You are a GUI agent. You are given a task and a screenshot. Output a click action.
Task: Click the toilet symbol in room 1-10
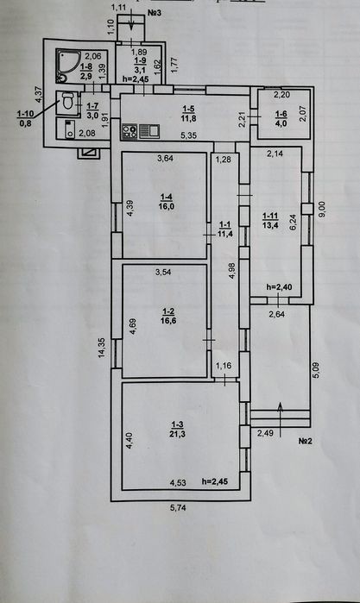[x=67, y=101]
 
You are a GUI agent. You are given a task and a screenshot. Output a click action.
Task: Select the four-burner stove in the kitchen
[x=129, y=132]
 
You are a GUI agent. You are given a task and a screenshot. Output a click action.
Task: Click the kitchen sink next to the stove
[x=149, y=131]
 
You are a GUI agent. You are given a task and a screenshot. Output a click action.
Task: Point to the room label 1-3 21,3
[x=177, y=430]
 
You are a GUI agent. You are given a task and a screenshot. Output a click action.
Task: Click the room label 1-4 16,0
[x=167, y=202]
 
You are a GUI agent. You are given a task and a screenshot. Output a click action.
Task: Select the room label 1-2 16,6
[x=169, y=316]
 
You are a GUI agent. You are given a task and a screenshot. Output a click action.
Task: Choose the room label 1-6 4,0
[x=281, y=118]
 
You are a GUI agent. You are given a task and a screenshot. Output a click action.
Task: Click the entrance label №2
[x=305, y=441]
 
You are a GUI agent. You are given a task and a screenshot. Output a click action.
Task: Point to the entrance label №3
[x=154, y=13]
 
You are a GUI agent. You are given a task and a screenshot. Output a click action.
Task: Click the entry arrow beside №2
[x=281, y=419]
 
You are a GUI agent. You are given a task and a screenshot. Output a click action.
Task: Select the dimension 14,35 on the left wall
[x=103, y=348]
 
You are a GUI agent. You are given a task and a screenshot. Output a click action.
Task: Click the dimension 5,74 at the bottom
[x=178, y=507]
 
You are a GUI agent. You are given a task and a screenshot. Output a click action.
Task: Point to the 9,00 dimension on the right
[x=322, y=210]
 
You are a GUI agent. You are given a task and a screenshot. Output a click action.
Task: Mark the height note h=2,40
[x=279, y=287]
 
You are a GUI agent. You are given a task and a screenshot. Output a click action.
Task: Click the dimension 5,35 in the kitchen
[x=188, y=135]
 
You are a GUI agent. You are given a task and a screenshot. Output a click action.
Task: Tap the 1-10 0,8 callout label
[x=25, y=118]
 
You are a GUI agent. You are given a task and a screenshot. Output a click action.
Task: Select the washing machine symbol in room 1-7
[x=70, y=129]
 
